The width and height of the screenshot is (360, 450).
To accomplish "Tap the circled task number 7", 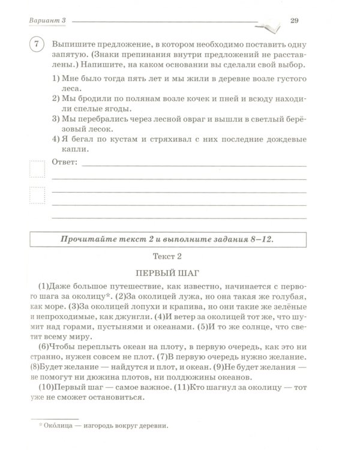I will tap(37, 46).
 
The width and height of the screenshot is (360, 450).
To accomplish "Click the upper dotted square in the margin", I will tap(37, 169).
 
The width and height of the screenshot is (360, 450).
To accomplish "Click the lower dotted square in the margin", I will tap(37, 196).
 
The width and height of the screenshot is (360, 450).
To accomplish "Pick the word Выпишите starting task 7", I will tap(75, 46).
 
